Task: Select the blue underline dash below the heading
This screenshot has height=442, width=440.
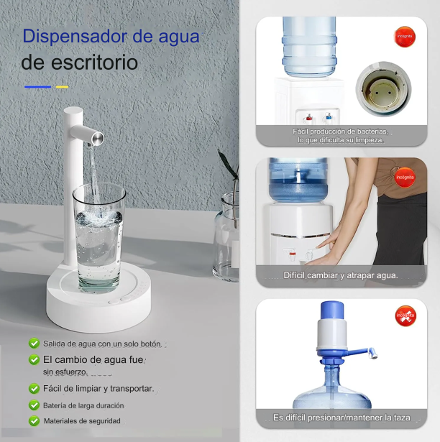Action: point(37,87)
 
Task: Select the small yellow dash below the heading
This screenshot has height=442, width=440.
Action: point(62,87)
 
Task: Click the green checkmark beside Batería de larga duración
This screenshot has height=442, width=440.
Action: point(34,405)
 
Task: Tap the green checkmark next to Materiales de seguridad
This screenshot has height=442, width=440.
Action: point(34,421)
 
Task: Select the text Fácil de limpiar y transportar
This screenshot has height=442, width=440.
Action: point(98,388)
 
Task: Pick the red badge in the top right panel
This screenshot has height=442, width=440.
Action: point(405,36)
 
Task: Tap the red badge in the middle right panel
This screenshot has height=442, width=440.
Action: point(405,175)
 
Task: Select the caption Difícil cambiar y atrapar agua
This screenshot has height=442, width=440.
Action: point(341,275)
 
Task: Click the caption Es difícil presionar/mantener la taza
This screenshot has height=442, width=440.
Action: point(342,418)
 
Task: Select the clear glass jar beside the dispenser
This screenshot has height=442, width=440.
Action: point(227,237)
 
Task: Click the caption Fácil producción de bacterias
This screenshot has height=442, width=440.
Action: point(340,132)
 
